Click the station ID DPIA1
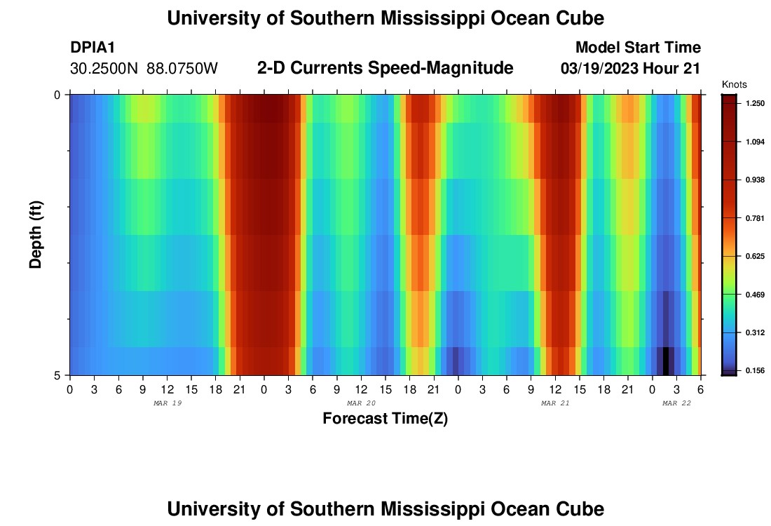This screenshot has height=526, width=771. click(x=93, y=48)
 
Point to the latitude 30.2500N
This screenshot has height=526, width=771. click(x=105, y=69)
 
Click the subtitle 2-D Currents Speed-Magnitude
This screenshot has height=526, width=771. click(x=385, y=68)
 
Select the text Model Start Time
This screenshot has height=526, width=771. click(x=637, y=48)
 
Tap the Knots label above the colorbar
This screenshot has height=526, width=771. click(x=734, y=84)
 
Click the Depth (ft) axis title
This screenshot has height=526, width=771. click(x=36, y=234)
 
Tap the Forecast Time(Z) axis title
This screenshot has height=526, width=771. click(x=385, y=419)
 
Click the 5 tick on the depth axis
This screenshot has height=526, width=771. click(x=57, y=375)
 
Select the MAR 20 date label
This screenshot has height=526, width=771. click(x=361, y=403)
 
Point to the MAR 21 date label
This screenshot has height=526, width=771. click(x=555, y=403)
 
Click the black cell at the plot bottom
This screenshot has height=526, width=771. click(x=666, y=360)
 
